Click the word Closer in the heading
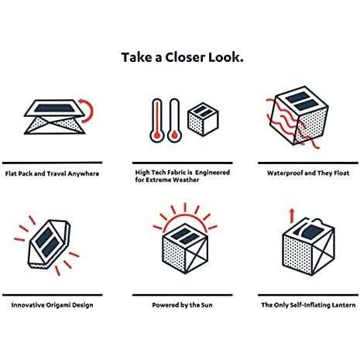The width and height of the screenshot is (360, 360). [x=185, y=57]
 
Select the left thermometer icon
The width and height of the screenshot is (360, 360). [x=157, y=120]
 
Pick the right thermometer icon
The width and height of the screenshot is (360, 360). [x=174, y=120]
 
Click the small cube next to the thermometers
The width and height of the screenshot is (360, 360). [x=203, y=119]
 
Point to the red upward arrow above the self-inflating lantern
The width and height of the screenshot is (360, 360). [x=292, y=216]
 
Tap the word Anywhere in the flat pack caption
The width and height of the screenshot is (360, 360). [x=83, y=173]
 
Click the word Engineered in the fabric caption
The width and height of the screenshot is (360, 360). [x=212, y=172]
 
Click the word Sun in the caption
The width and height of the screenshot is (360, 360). [x=207, y=305]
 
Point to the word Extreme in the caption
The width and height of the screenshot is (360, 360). [x=158, y=180]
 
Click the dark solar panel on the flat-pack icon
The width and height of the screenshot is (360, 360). [x=55, y=108]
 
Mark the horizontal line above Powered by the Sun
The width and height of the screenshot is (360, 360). [x=183, y=295]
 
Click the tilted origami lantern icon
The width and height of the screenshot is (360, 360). [x=49, y=244]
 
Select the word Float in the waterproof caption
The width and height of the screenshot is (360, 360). [x=341, y=173]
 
